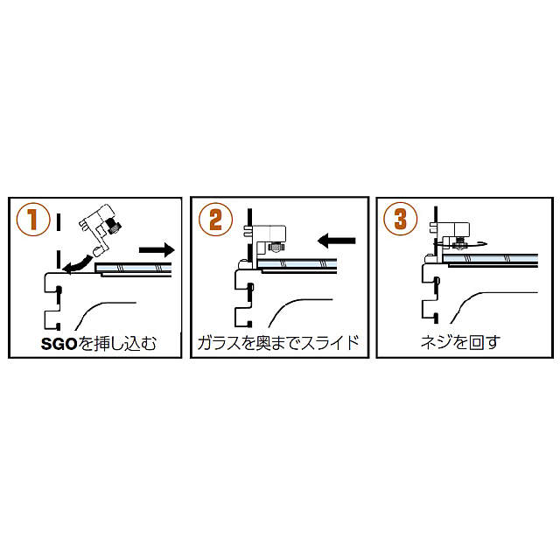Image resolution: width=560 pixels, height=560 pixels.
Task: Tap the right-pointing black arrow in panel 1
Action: pos(157,249)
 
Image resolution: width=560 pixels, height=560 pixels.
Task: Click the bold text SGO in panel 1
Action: pos(59,342)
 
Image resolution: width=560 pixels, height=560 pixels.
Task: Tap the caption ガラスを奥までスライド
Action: pos(279,342)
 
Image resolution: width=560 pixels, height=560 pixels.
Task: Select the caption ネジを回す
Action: pos(458,342)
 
